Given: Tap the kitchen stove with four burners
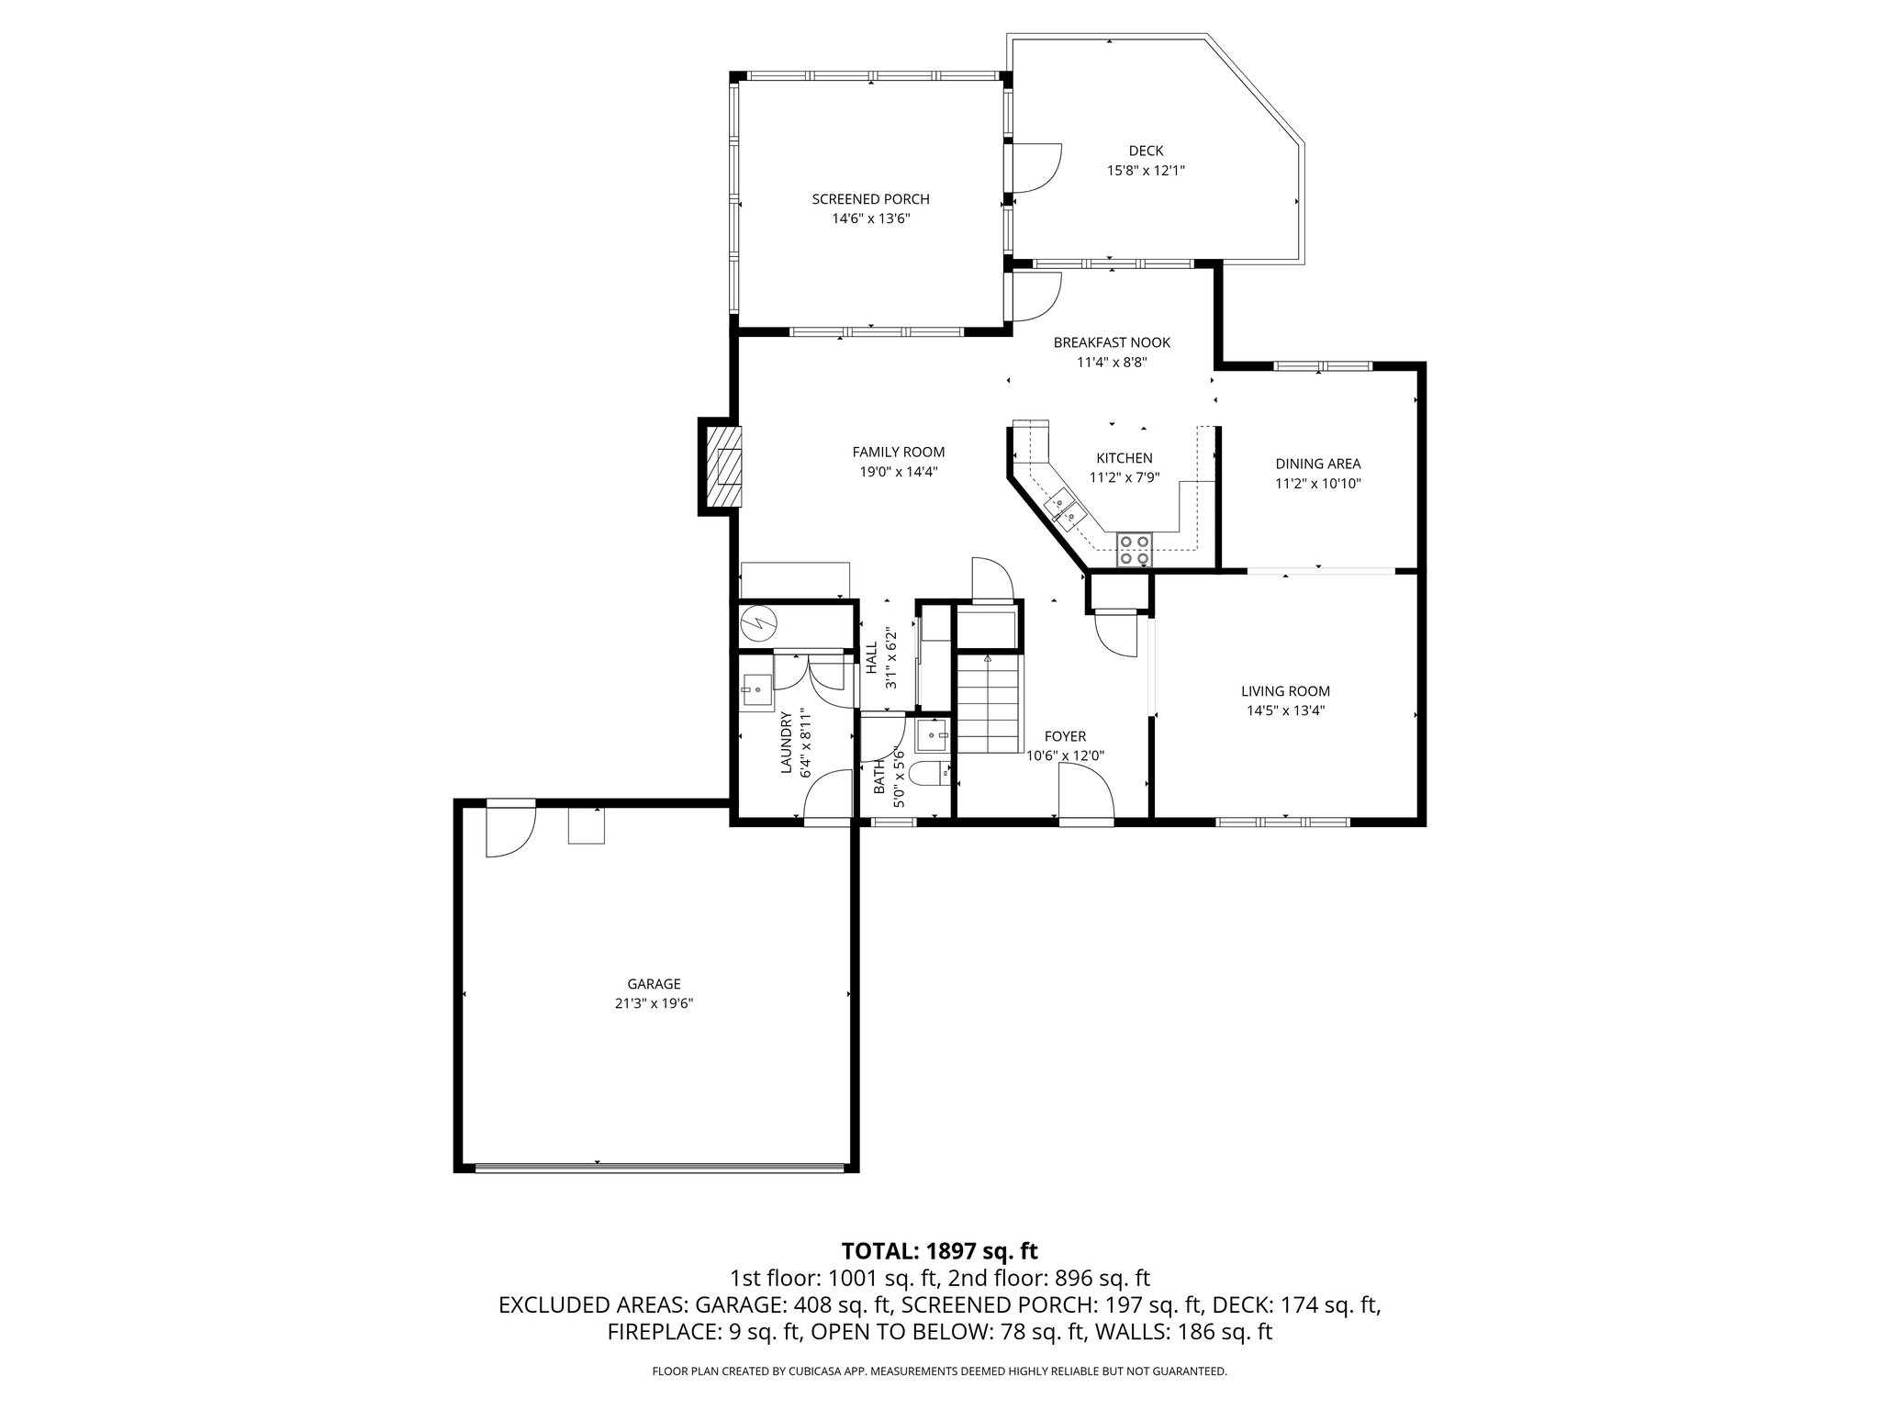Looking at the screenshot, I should (1133, 549).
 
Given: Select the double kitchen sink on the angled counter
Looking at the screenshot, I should (1064, 509).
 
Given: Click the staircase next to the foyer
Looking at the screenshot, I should (988, 702).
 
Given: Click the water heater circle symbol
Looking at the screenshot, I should (759, 622).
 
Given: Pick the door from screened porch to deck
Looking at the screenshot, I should (1035, 170).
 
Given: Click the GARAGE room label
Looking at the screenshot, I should (654, 984).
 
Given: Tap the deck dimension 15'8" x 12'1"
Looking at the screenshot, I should (1146, 170).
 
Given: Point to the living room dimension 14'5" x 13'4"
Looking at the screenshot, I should (1285, 710).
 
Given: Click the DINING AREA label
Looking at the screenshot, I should (1317, 464).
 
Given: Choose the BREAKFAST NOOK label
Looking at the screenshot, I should (1112, 342).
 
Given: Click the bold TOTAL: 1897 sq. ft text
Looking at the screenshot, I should (939, 1250).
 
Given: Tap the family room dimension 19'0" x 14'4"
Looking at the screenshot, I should (898, 471).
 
